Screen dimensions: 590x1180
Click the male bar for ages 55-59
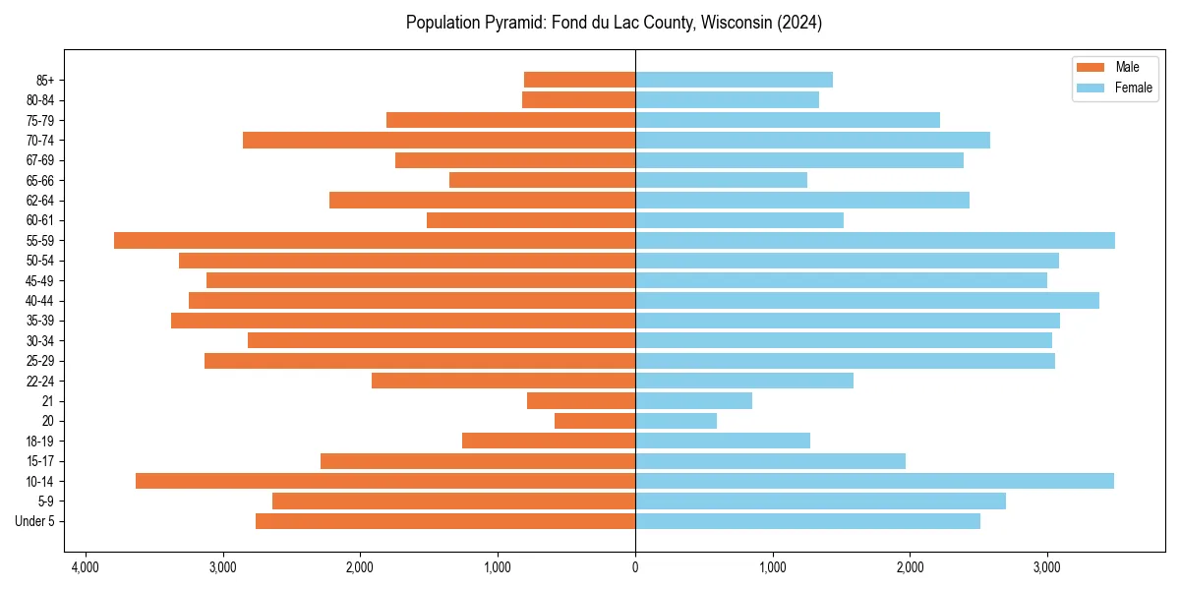[375, 241]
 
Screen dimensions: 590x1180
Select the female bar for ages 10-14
[874, 481]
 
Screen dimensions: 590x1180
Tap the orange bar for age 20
[595, 421]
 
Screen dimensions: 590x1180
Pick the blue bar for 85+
[734, 80]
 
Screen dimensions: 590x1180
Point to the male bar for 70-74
[439, 141]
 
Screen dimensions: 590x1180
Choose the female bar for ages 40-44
[867, 301]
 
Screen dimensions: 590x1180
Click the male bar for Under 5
[445, 521]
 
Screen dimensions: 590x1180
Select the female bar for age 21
[693, 401]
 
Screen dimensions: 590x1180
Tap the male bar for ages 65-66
[542, 180]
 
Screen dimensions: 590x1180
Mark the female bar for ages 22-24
[744, 381]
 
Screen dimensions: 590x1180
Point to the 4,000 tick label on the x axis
[86, 567]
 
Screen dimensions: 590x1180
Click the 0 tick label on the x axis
[635, 567]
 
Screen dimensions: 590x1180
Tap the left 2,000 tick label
[360, 567]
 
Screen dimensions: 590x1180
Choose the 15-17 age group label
[39, 461]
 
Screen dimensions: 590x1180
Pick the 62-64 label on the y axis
[39, 201]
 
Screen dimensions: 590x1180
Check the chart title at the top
[614, 23]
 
